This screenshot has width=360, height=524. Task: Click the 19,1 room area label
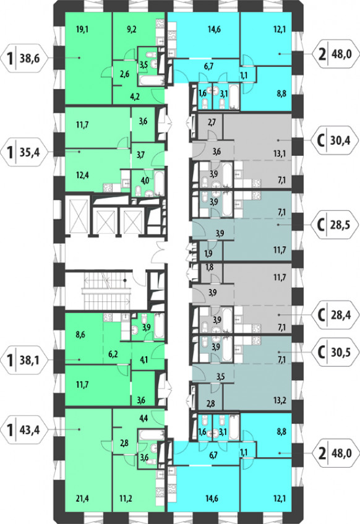pos(82,30)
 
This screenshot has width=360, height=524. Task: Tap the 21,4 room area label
pos(82,499)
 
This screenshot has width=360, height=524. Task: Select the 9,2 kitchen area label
pos(131,30)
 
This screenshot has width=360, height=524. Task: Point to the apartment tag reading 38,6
pos(25,59)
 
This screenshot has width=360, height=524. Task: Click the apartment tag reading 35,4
pos(25,152)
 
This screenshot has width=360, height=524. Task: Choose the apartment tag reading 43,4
pos(25,429)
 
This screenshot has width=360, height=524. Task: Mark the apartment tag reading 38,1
pos(25,360)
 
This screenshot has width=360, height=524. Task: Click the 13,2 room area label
pos(280,400)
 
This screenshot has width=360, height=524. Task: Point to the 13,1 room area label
pos(280,154)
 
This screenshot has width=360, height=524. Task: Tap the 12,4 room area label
pos(82,175)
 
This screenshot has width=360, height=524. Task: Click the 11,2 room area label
pos(126,499)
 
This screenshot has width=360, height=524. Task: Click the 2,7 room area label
pos(212,122)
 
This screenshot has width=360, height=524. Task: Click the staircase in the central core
pos(106,291)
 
